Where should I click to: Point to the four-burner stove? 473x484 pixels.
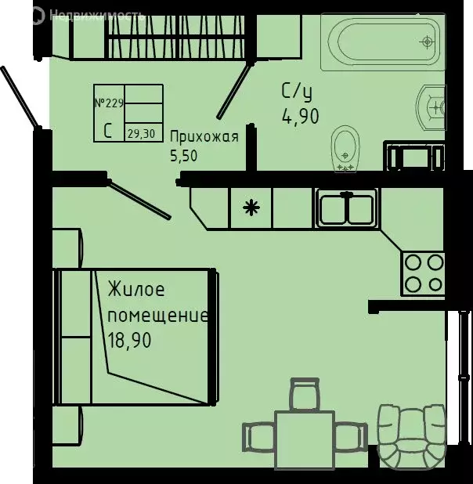click(x=423, y=273)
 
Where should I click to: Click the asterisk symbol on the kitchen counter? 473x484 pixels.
click(x=251, y=208)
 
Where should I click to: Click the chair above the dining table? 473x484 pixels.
click(x=305, y=392)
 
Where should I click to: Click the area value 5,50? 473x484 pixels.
click(x=185, y=155)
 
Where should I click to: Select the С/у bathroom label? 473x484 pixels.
click(x=298, y=92)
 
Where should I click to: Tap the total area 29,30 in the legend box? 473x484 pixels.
click(x=140, y=133)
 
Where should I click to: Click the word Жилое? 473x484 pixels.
click(x=136, y=291)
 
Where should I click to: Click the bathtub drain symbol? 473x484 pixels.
click(x=427, y=41)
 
